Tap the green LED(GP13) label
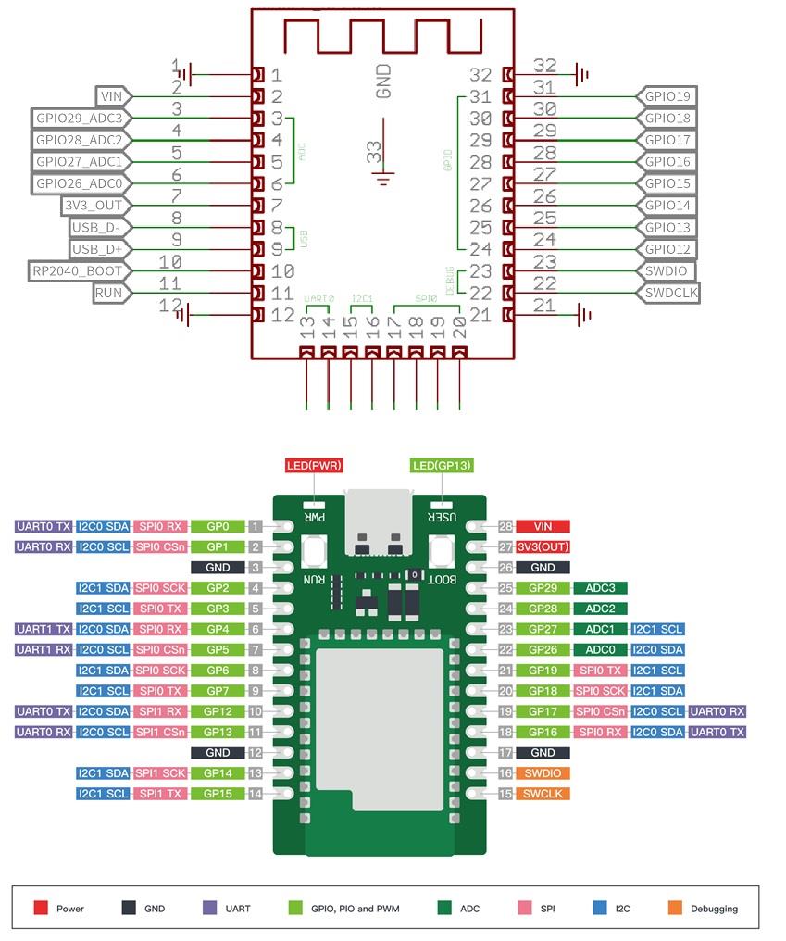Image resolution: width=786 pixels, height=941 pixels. pos(442,464)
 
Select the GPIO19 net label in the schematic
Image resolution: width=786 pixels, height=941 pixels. pos(666,96)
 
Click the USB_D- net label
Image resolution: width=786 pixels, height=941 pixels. pos(101,227)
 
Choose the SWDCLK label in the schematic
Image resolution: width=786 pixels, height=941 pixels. pos(667,293)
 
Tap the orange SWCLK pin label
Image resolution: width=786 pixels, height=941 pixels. pos(543,794)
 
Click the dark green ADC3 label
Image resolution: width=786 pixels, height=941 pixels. pos(601,588)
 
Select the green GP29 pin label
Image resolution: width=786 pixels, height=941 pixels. pos(543,588)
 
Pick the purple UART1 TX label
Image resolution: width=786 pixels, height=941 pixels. pos(44,629)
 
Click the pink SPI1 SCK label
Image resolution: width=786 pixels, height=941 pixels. pos(160,773)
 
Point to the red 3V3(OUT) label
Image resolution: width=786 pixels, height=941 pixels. pos(543,546)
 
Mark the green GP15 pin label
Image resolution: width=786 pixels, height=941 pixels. pos(218,794)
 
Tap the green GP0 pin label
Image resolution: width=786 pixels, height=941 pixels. pos(218,526)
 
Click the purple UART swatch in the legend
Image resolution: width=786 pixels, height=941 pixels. pos(208,909)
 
